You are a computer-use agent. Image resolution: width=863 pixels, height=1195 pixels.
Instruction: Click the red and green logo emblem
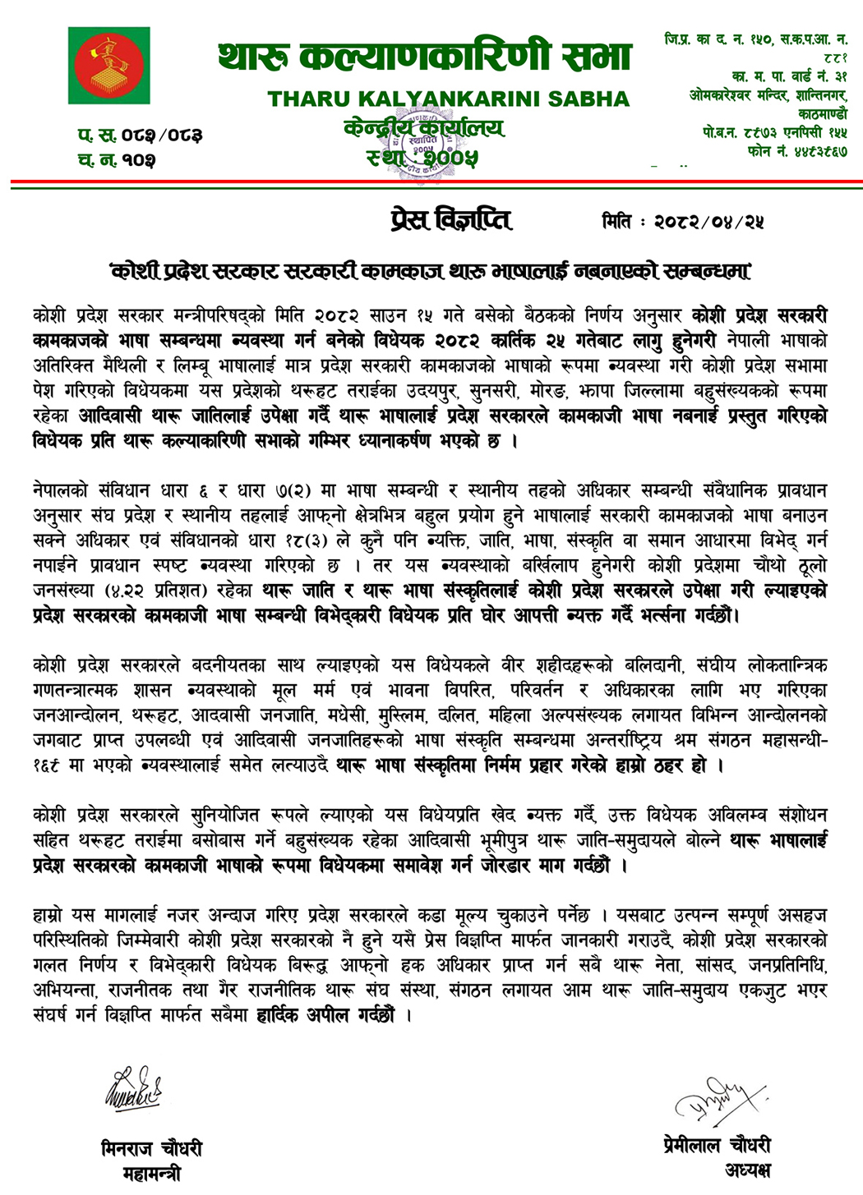tap(108, 65)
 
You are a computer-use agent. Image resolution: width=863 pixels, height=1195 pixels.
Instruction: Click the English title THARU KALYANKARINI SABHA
tap(448, 99)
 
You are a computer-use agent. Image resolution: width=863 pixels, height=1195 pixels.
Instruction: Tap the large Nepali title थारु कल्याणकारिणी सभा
tap(424, 57)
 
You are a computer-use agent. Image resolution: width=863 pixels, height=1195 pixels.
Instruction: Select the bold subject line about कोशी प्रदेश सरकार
tap(431, 270)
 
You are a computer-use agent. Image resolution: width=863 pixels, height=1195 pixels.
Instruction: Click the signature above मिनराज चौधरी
tap(132, 1089)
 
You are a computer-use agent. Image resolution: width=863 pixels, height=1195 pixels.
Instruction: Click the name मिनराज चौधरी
tap(151, 1148)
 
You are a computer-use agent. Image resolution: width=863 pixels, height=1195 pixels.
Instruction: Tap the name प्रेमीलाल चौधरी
tap(717, 1145)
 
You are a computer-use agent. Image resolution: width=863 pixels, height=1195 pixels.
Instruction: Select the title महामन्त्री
tap(151, 1174)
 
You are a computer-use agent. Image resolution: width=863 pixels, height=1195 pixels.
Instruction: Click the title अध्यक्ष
tap(748, 1170)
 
